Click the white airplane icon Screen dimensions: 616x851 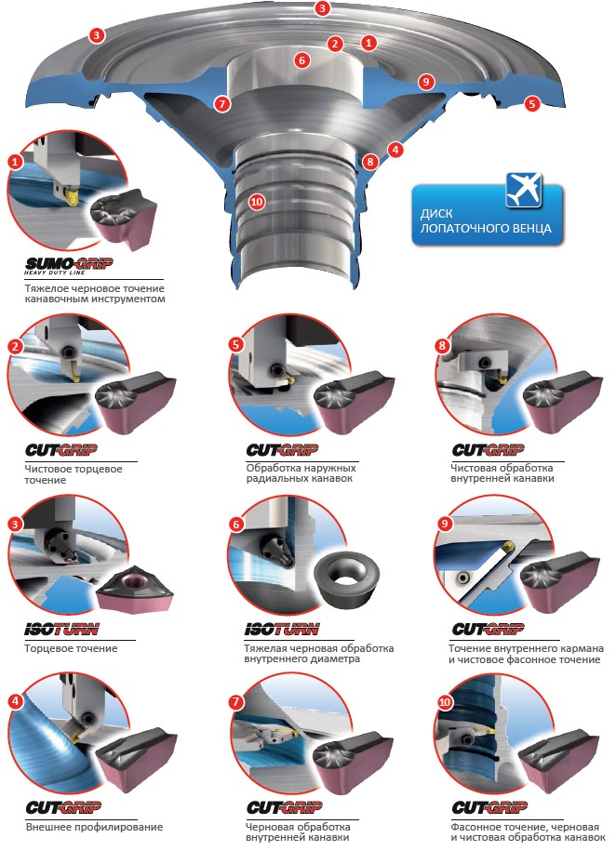pos(524,190)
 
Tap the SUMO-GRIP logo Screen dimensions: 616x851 pos(69,265)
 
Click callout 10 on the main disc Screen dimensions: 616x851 pos(257,202)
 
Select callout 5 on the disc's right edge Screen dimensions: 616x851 pos(532,103)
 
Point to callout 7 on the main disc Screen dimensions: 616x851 pos(222,103)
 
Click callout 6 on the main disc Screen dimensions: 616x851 pos(302,60)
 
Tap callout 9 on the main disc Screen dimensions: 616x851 pos(426,82)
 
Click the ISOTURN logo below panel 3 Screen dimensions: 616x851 pos(62,630)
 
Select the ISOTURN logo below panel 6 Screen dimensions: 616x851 pos(281,630)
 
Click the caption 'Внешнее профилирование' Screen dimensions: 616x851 pos(95,827)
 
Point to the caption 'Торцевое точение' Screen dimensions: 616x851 pos(71,648)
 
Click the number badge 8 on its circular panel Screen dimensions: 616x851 pos(443,346)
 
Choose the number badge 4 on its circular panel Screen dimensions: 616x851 pos(15,701)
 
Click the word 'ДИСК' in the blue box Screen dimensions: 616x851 pos(436,213)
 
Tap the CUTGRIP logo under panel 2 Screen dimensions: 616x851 pos(61,450)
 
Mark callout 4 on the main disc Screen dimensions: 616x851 pos(395,149)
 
